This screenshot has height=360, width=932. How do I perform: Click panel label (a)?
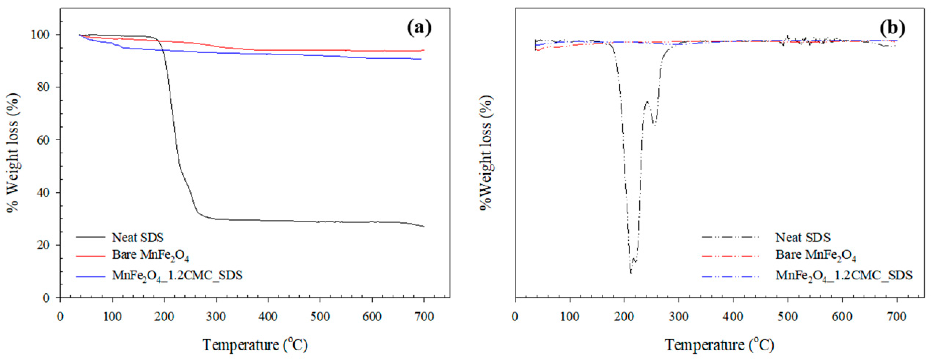click(419, 28)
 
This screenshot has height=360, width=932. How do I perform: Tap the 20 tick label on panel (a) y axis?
click(43, 245)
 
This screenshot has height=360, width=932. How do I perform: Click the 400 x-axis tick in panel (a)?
click(268, 317)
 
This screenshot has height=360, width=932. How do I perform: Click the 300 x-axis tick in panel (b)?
click(678, 317)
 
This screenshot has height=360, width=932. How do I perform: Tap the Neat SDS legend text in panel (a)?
click(137, 238)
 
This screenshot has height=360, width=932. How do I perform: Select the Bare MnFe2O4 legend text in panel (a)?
click(150, 255)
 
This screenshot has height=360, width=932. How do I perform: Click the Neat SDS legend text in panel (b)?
click(802, 238)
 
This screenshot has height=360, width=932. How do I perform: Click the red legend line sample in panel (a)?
click(90, 255)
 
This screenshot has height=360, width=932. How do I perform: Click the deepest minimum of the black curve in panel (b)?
click(631, 273)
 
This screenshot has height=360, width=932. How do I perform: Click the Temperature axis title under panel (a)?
click(255, 345)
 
